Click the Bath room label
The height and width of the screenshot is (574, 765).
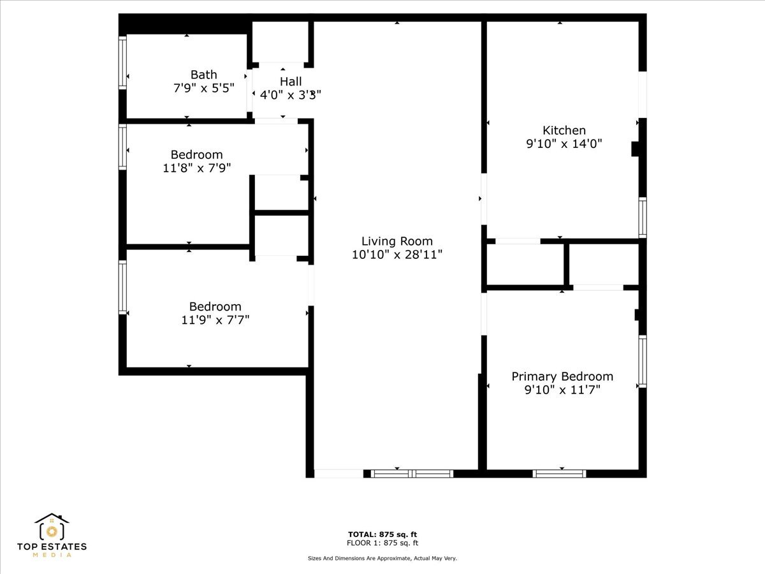pyautogui.click(x=203, y=75)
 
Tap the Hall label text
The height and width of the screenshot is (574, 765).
pyautogui.click(x=291, y=82)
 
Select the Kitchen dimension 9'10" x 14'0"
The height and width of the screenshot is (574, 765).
pyautogui.click(x=564, y=143)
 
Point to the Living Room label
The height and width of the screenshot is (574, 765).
pyautogui.click(x=397, y=241)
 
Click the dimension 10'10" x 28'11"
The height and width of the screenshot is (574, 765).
pyautogui.click(x=397, y=254)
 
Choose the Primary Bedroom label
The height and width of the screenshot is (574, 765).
pyautogui.click(x=562, y=376)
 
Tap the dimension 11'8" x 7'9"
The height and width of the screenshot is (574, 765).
pyautogui.click(x=197, y=168)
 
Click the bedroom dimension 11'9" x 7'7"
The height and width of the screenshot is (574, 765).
pyautogui.click(x=215, y=320)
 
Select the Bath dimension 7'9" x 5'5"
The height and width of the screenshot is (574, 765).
pyautogui.click(x=204, y=88)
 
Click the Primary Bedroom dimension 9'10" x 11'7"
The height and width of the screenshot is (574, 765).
pyautogui.click(x=562, y=390)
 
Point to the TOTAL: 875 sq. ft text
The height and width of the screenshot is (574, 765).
pyautogui.click(x=382, y=534)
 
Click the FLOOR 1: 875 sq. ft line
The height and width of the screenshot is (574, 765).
pyautogui.click(x=382, y=543)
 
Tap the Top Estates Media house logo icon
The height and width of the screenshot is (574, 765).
pyautogui.click(x=52, y=527)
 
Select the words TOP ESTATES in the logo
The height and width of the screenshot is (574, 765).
pyautogui.click(x=52, y=547)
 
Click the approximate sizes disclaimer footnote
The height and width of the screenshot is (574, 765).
pyautogui.click(x=382, y=558)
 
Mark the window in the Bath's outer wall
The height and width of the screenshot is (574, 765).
pyautogui.click(x=122, y=63)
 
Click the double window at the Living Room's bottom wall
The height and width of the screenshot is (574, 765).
pyautogui.click(x=412, y=474)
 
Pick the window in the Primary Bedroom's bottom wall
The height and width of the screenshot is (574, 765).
pyautogui.click(x=559, y=474)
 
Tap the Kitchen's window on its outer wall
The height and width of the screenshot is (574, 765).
pyautogui.click(x=643, y=217)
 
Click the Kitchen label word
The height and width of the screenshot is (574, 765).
pyautogui.click(x=564, y=130)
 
